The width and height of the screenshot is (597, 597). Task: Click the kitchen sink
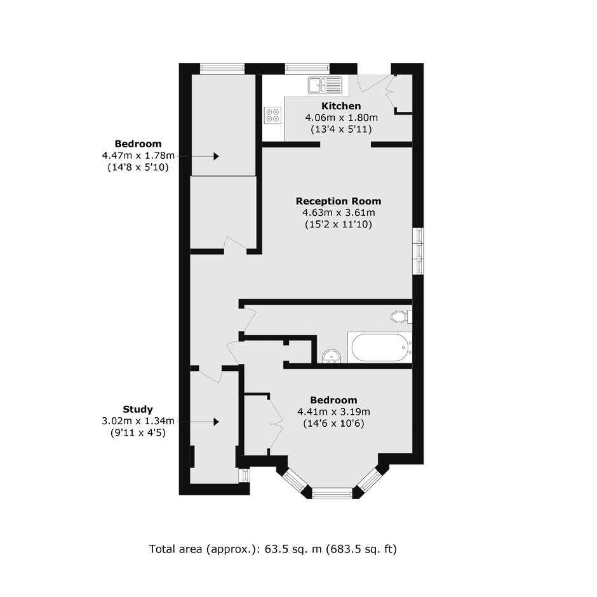pyautogui.click(x=325, y=84)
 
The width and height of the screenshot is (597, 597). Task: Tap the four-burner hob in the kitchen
pyautogui.click(x=273, y=115)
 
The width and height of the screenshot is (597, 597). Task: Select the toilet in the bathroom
pyautogui.click(x=401, y=317)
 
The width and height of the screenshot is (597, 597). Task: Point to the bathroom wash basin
pyautogui.click(x=332, y=357)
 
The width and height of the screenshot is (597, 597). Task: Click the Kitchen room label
pyautogui.click(x=341, y=106)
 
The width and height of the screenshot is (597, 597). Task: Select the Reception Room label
pyautogui.click(x=339, y=201)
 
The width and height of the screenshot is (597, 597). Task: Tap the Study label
pyautogui.click(x=138, y=410)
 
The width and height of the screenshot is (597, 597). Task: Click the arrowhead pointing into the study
pyautogui.click(x=217, y=422)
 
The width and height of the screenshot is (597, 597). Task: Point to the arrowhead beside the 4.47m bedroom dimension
pyautogui.click(x=217, y=156)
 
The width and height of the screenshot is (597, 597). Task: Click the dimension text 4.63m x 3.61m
pyautogui.click(x=339, y=213)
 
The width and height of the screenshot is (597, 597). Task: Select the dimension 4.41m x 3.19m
pyautogui.click(x=334, y=412)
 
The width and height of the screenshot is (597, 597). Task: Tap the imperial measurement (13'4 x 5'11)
pyautogui.click(x=341, y=129)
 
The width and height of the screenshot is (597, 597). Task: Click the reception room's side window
pyautogui.click(x=419, y=250)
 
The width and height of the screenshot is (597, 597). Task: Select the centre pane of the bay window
pyautogui.click(x=332, y=494)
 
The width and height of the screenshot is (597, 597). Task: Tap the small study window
pyautogui.click(x=244, y=476)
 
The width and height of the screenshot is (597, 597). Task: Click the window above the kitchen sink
pyautogui.click(x=307, y=69)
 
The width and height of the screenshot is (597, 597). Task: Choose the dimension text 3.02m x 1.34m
pyautogui.click(x=138, y=421)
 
